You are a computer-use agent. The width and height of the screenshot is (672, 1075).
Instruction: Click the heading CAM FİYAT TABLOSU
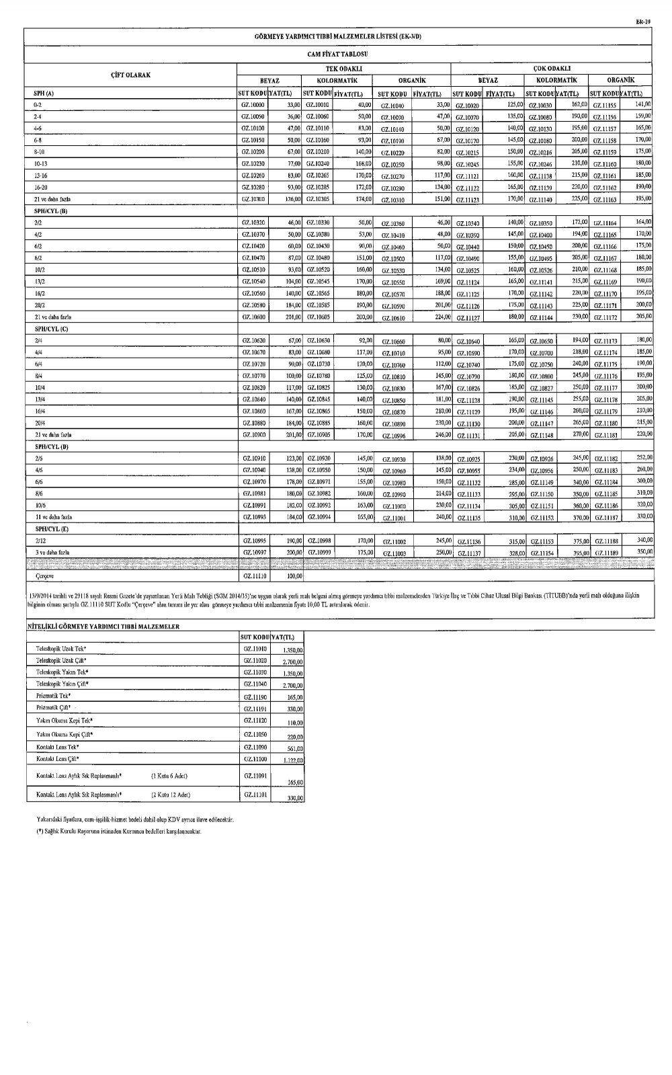(338, 54)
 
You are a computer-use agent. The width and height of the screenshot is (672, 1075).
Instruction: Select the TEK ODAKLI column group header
(343, 69)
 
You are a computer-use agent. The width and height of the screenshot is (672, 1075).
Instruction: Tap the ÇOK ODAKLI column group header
(551, 69)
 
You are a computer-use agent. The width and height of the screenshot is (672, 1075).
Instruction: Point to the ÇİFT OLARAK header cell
(130, 75)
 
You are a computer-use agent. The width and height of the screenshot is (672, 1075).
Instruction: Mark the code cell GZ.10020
(467, 106)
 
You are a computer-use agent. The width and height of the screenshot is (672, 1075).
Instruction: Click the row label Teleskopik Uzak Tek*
(61, 649)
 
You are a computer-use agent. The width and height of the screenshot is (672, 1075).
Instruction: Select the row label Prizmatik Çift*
(54, 708)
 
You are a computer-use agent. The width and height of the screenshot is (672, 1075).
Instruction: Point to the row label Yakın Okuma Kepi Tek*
(65, 720)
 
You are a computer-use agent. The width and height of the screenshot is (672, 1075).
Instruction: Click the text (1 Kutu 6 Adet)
(169, 776)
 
